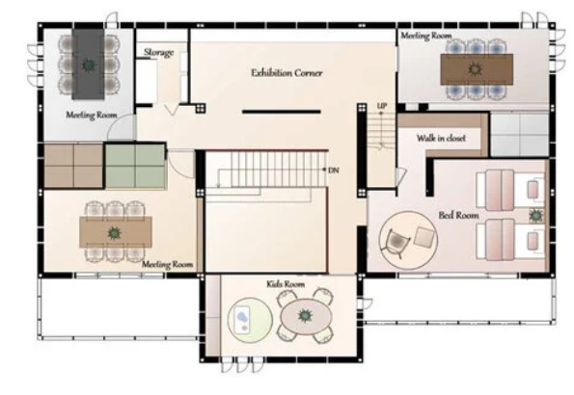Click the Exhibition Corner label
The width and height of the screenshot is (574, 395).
[x=287, y=73]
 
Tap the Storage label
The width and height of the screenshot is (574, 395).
[x=158, y=53]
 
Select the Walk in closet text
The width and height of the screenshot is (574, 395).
[x=441, y=138]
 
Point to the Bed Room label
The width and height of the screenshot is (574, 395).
[x=458, y=215]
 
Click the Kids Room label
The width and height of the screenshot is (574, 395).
[x=286, y=284]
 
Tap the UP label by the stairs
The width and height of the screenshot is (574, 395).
[x=382, y=106]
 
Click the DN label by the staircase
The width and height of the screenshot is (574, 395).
[x=334, y=171]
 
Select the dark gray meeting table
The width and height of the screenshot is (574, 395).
[x=88, y=64]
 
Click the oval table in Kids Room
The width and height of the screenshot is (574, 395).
[x=306, y=316]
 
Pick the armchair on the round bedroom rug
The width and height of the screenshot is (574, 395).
[x=395, y=242]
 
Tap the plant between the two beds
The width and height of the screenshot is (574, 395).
[x=536, y=216]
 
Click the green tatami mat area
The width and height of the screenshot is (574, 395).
[x=135, y=167]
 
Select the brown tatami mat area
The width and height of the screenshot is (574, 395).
[x=73, y=166]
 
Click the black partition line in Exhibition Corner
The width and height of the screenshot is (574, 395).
[x=281, y=112]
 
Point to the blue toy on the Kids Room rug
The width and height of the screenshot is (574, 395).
[x=241, y=317]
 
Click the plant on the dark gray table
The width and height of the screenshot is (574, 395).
[x=89, y=65]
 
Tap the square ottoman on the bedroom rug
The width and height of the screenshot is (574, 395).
[x=424, y=237]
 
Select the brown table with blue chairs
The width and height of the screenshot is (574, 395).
[x=477, y=69]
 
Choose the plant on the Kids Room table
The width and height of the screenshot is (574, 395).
[x=305, y=315]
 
